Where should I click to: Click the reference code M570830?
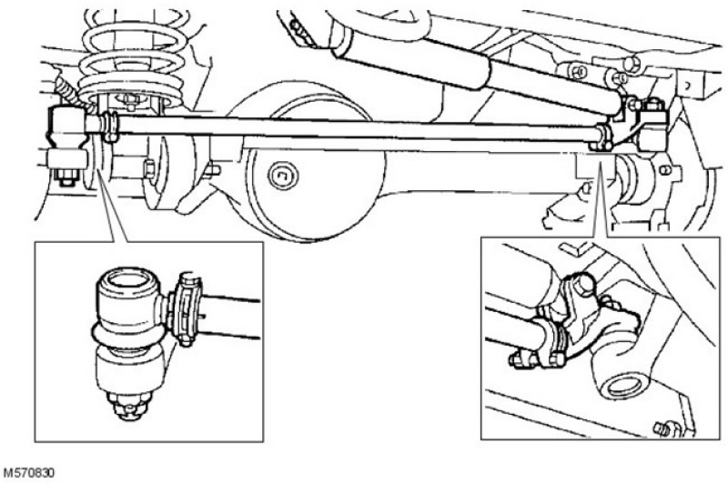tap(29, 473)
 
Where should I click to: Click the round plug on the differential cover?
tap(283, 176)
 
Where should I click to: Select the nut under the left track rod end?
tap(66, 176)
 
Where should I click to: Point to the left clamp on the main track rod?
tap(110, 126)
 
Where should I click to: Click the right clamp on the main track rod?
tap(602, 136)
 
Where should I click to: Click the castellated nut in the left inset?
tap(130, 405)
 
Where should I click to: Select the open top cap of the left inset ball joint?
tap(128, 280)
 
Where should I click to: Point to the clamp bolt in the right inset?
tap(517, 359)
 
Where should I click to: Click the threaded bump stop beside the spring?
tap(70, 93)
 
